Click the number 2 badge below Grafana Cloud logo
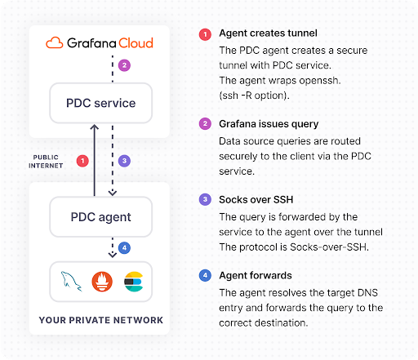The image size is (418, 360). [x=123, y=65]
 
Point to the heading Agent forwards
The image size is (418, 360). [x=250, y=275]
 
